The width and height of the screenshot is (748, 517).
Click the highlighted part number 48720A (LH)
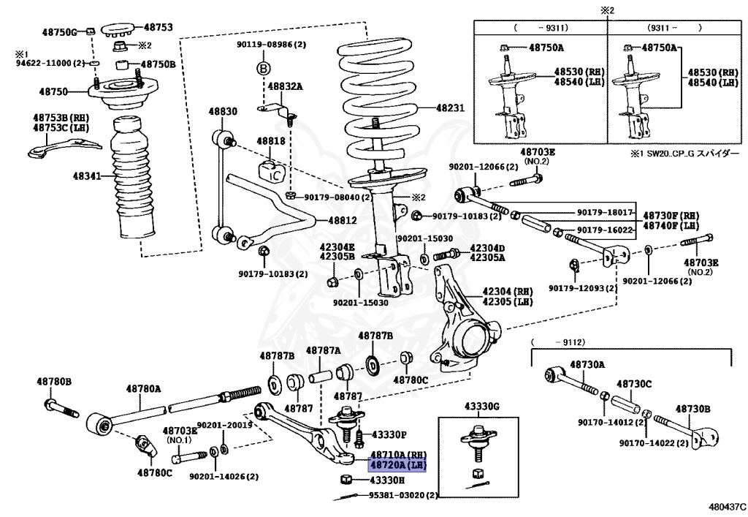(x=397, y=464)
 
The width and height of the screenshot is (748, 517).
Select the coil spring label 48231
(x=450, y=108)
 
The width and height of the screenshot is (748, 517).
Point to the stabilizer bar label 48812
(x=342, y=221)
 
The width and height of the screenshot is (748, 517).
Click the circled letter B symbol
(x=263, y=69)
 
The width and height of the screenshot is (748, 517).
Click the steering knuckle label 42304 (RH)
(x=508, y=291)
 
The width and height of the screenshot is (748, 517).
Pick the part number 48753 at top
(x=159, y=28)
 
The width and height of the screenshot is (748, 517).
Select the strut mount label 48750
(x=53, y=91)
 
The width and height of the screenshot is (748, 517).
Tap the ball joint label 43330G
(x=482, y=407)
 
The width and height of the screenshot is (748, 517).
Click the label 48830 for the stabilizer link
(x=222, y=111)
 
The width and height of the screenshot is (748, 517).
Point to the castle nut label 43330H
(x=387, y=480)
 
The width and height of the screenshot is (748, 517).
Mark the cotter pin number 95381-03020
(x=397, y=496)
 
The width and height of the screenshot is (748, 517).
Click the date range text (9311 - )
(x=674, y=28)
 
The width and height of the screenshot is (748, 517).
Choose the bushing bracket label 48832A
(x=285, y=86)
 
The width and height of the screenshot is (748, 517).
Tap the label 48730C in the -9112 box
(x=634, y=384)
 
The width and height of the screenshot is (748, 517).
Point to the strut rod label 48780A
(x=143, y=388)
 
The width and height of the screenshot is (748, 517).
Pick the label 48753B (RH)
(x=61, y=118)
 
